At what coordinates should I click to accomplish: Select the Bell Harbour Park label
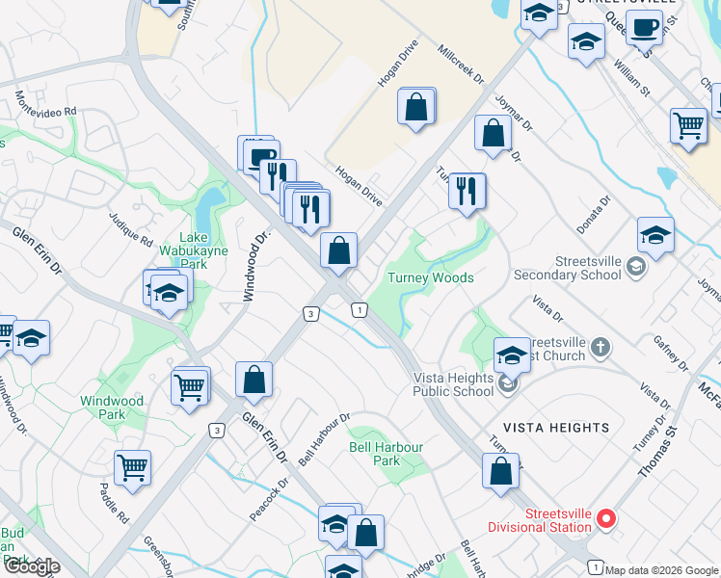(387, 454)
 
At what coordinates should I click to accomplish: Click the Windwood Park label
(112, 407)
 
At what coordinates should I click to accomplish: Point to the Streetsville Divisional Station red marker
(606, 520)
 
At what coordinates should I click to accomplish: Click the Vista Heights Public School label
(453, 384)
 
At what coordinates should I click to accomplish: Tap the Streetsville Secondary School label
(588, 267)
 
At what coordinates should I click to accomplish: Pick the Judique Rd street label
(131, 228)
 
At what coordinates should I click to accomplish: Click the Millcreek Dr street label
(460, 64)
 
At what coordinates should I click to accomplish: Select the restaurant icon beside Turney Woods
(467, 190)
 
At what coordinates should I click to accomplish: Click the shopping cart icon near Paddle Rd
(132, 468)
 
